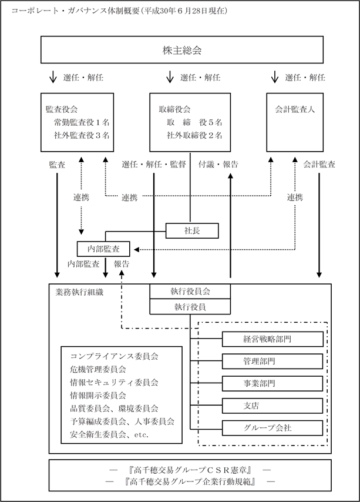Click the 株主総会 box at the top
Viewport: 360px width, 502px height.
click(x=182, y=49)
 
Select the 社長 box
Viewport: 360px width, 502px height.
click(x=192, y=230)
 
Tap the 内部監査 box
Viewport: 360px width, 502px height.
click(x=103, y=249)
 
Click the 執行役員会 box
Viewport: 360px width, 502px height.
click(x=190, y=292)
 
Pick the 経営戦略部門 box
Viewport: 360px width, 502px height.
click(x=272, y=339)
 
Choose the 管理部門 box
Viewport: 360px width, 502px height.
click(x=272, y=361)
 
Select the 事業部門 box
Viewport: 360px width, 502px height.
click(x=272, y=383)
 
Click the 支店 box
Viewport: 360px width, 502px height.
click(x=272, y=406)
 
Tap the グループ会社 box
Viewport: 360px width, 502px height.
click(x=272, y=428)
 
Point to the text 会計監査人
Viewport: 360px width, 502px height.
click(x=295, y=109)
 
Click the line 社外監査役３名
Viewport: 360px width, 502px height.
click(x=82, y=135)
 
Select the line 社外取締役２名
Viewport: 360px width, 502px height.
click(x=194, y=135)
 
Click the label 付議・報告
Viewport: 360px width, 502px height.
click(x=218, y=165)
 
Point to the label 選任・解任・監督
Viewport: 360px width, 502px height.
click(x=154, y=165)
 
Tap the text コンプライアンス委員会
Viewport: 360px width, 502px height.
click(x=114, y=356)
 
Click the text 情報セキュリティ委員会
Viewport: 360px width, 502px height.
click(x=114, y=382)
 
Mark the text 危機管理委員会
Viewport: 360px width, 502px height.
click(x=98, y=369)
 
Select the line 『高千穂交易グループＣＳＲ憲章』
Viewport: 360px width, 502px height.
click(x=190, y=470)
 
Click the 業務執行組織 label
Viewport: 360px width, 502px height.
click(x=79, y=292)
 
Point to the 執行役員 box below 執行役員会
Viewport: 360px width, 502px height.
click(x=190, y=306)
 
